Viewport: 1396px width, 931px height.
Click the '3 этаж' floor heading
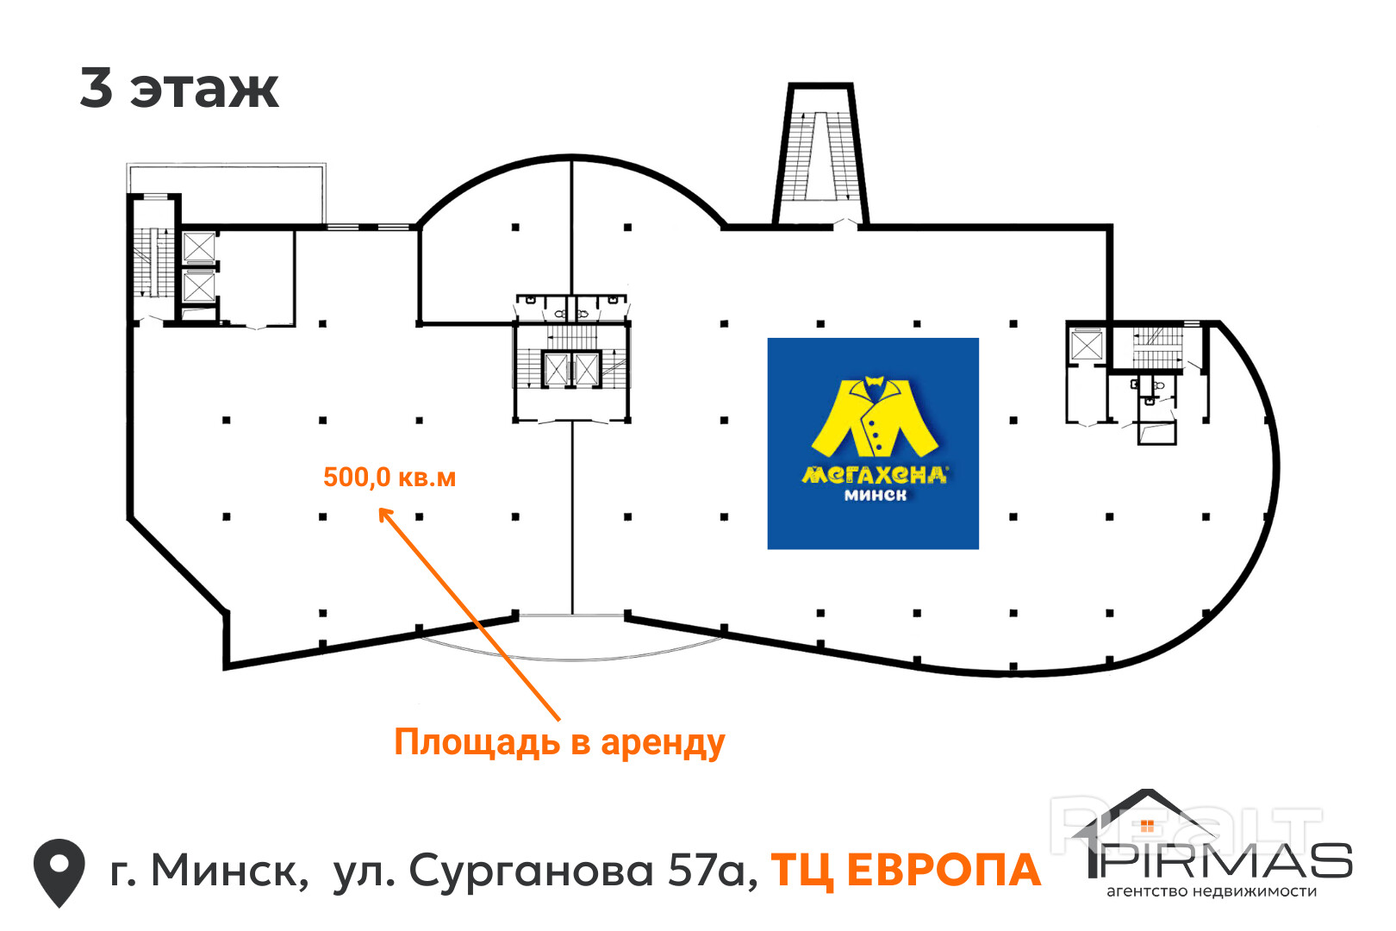pos(179,88)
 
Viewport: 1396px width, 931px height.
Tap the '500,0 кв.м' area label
pos(390,477)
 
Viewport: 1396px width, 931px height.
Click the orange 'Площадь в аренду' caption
pos(559,742)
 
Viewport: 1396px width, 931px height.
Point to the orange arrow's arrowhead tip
pos(382,510)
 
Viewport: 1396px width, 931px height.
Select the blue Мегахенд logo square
pos(873,443)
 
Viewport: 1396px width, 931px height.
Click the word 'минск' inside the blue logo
pos(875,495)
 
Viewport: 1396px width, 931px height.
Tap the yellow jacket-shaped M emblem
pos(874,417)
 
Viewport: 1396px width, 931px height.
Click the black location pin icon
pos(59,872)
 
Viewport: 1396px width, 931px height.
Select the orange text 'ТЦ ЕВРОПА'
pos(906,870)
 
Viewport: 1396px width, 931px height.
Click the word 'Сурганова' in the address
pos(531,871)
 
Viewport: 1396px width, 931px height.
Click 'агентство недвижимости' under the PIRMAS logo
pos(1212,891)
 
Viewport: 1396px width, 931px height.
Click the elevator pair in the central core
pos(571,370)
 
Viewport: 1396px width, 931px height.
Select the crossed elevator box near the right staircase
pos(1086,345)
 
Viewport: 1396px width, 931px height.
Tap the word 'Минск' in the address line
pos(228,871)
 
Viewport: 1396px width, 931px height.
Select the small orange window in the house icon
pos(1146,826)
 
